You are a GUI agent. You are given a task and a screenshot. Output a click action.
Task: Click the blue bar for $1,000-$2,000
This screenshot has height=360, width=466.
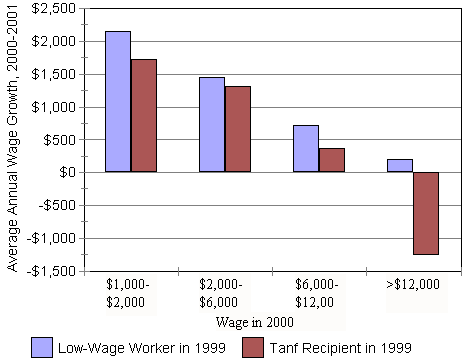[118, 102]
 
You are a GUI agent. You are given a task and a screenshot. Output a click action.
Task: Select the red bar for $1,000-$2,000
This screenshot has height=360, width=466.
[144, 116]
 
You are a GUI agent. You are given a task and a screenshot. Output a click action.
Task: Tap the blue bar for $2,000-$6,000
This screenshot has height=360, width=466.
[212, 125]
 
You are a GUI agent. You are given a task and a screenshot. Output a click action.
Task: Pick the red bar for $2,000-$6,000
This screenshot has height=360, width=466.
[238, 129]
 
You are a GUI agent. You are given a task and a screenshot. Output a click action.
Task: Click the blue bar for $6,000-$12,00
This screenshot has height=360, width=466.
[306, 149]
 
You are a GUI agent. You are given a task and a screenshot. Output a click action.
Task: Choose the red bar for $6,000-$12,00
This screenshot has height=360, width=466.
[332, 160]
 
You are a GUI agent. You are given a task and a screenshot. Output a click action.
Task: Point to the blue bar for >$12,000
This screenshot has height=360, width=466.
[400, 166]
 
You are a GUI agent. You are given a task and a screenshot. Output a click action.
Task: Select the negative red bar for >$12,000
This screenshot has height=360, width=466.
[426, 213]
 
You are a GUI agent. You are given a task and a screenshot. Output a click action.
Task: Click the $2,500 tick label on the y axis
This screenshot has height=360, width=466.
[53, 9]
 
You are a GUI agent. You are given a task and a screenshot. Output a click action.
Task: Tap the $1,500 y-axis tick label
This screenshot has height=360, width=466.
[53, 75]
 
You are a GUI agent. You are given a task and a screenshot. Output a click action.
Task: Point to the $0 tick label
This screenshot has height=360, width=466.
[68, 173]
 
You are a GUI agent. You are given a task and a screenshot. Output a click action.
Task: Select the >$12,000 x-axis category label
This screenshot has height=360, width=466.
[413, 285]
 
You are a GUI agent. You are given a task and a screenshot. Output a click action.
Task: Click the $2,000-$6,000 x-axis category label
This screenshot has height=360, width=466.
[225, 293]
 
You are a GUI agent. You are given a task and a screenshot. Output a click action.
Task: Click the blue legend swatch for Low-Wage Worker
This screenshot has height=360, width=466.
[41, 346]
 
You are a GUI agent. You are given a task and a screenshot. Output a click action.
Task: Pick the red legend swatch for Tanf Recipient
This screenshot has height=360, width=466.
[253, 346]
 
